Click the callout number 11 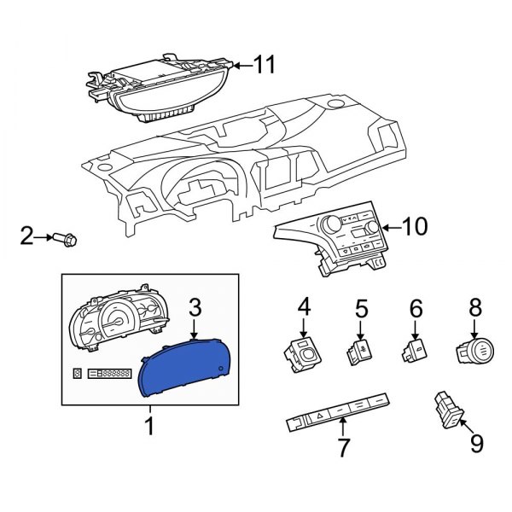(265, 64)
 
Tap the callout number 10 (414, 227)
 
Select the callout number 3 (195, 306)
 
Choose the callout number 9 (475, 443)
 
